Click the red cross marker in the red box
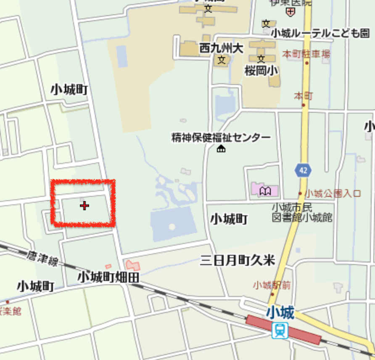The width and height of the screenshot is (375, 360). coord(85,206)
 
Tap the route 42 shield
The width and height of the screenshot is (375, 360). coord(303,170)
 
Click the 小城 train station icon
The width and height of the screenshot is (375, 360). coord(280,330)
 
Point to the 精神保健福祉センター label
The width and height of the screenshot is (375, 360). coord(221,138)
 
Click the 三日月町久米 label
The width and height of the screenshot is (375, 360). coord(238,261)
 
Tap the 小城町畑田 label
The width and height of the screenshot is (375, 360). coord(108,277)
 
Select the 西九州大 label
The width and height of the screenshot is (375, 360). coord(221,48)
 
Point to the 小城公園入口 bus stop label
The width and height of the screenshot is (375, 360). coord(333,194)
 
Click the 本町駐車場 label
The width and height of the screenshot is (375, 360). coord(306,54)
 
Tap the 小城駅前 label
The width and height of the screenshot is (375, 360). coord(272,285)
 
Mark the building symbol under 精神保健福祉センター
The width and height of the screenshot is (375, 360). coord(221,148)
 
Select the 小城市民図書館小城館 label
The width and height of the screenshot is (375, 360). coord(302,212)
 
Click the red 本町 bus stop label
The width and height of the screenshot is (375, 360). coord(304,96)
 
